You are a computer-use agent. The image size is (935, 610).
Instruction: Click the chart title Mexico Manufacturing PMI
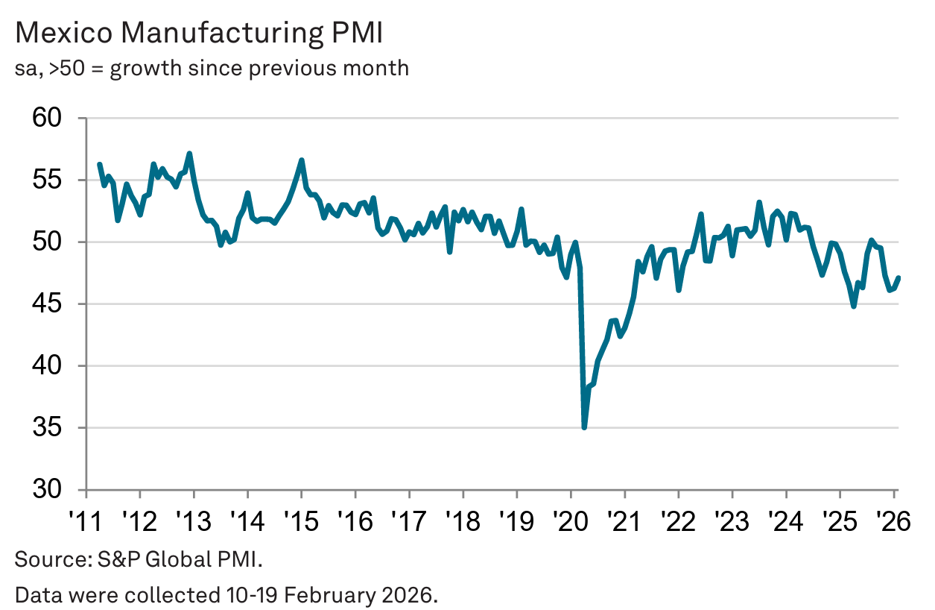(200, 34)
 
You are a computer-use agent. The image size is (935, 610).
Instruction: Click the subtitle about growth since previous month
(212, 68)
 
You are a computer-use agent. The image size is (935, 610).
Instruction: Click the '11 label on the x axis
(86, 519)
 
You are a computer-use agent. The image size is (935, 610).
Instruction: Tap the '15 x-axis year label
(301, 519)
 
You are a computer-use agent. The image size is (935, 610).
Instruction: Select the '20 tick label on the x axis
(570, 519)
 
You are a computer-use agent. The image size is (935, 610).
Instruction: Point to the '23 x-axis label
(732, 519)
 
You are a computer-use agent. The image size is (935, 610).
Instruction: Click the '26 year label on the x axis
(893, 519)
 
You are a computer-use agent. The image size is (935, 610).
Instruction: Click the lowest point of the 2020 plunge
(584, 427)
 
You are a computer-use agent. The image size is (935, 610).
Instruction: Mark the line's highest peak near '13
(190, 154)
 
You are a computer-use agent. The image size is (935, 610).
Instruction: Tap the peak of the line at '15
(301, 160)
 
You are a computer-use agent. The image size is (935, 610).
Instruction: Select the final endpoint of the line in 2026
(898, 278)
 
